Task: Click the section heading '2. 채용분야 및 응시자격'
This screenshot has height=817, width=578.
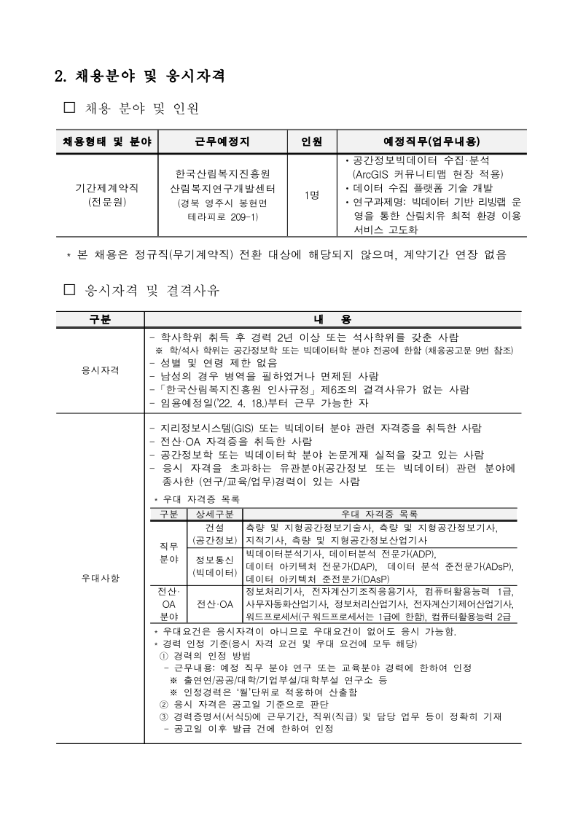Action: [x=139, y=75]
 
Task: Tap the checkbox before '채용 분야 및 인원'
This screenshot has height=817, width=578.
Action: [x=70, y=109]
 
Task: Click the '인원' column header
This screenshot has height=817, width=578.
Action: [x=311, y=141]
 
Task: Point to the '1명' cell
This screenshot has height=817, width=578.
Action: [x=311, y=195]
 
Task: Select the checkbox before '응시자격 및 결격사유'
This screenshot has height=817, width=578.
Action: [x=70, y=290]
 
